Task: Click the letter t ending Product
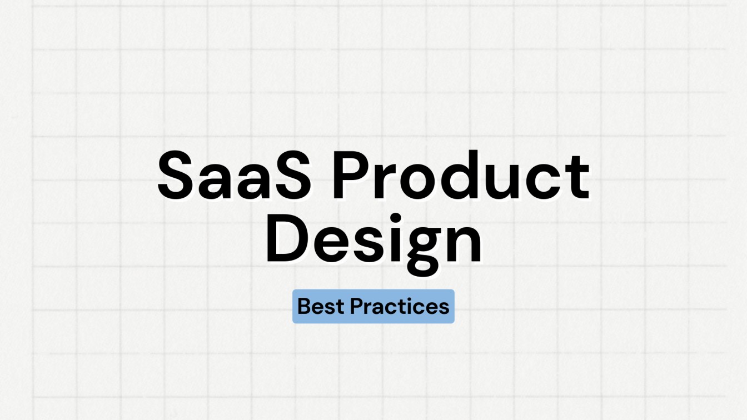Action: point(576,177)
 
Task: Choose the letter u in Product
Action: point(507,181)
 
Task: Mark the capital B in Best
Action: point(304,306)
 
